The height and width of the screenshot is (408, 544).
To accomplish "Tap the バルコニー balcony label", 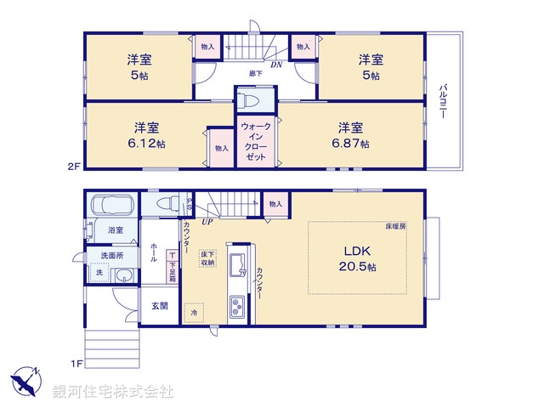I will click(443, 101).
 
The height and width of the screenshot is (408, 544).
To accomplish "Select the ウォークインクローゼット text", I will click(255, 142).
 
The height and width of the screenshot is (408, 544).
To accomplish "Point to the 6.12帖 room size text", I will click(147, 144).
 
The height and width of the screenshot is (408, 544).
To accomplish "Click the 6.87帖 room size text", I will click(352, 144).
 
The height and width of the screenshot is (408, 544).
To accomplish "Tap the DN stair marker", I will click(276, 65).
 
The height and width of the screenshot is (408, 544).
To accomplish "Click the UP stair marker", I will click(207, 222).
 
